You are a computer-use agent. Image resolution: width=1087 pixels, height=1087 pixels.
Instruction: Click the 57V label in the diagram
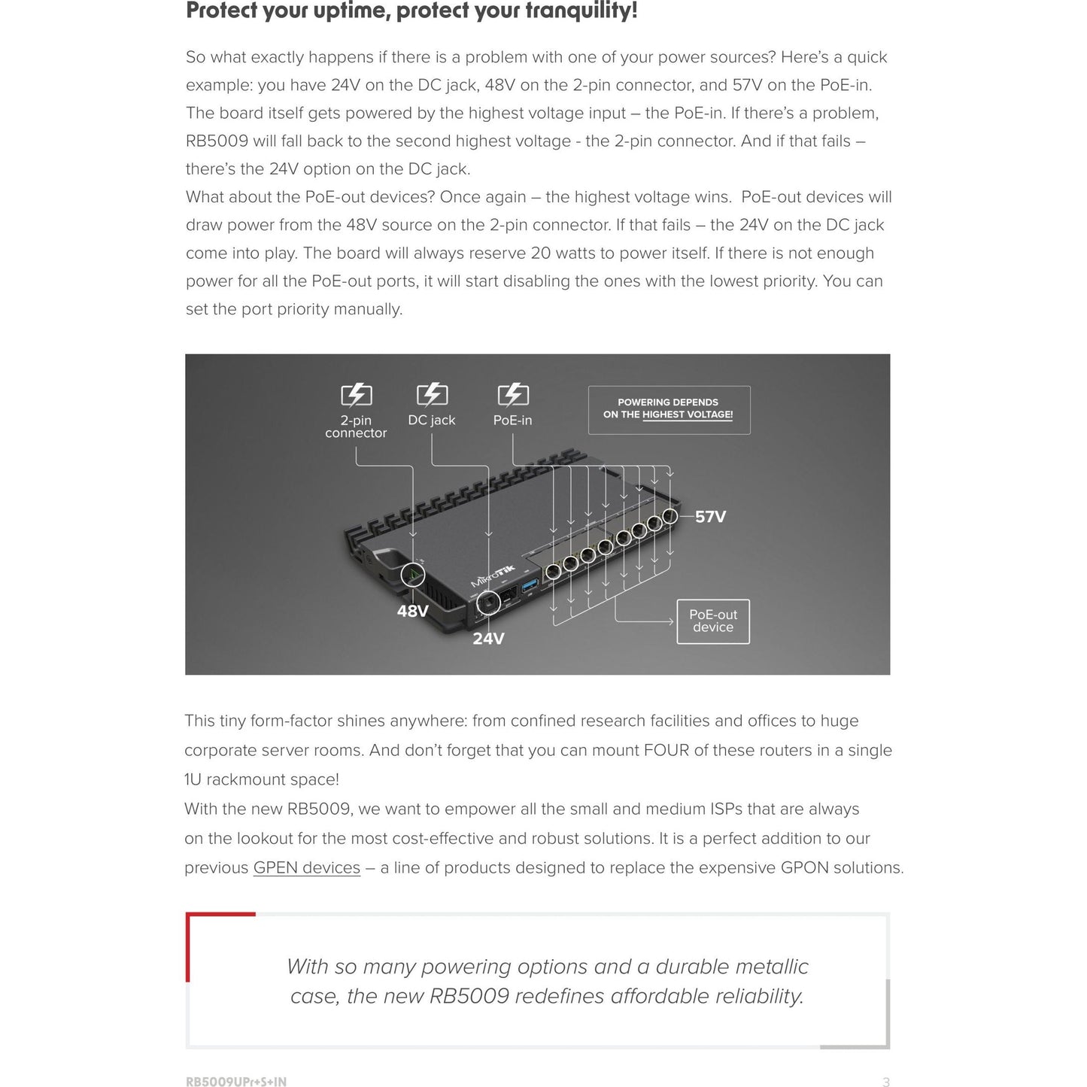pos(710,517)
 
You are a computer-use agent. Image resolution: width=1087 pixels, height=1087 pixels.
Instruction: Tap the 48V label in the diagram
pos(412,611)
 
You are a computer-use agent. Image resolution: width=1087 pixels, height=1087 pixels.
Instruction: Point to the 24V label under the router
pos(488,639)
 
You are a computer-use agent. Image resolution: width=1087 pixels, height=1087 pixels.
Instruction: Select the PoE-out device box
pos(713,621)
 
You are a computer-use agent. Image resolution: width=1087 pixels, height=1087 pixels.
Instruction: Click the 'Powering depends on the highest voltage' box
pos(668,409)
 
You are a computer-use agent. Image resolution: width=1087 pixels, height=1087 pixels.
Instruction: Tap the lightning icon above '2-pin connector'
pos(357,395)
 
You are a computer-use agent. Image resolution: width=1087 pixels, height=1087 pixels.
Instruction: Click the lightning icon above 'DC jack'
pos(432,394)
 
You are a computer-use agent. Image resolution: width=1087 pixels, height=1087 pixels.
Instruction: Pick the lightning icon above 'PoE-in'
pos(513,394)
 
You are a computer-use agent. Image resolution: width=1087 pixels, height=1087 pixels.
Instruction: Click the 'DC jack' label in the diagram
pos(432,421)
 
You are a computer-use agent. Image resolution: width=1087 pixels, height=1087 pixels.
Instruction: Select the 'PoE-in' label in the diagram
pos(512,421)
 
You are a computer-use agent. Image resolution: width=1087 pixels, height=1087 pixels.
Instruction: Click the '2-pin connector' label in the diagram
pos(356,427)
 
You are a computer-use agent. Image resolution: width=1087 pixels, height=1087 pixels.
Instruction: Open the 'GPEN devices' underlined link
pos(306,867)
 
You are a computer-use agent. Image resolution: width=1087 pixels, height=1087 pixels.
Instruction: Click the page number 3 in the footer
pos(885,1082)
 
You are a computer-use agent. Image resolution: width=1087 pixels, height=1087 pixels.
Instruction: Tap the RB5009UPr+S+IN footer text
pos(236,1082)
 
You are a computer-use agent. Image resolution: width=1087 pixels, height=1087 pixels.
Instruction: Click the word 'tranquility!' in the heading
pos(580,11)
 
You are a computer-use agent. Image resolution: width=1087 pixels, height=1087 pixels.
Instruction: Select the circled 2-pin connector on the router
pos(412,575)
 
